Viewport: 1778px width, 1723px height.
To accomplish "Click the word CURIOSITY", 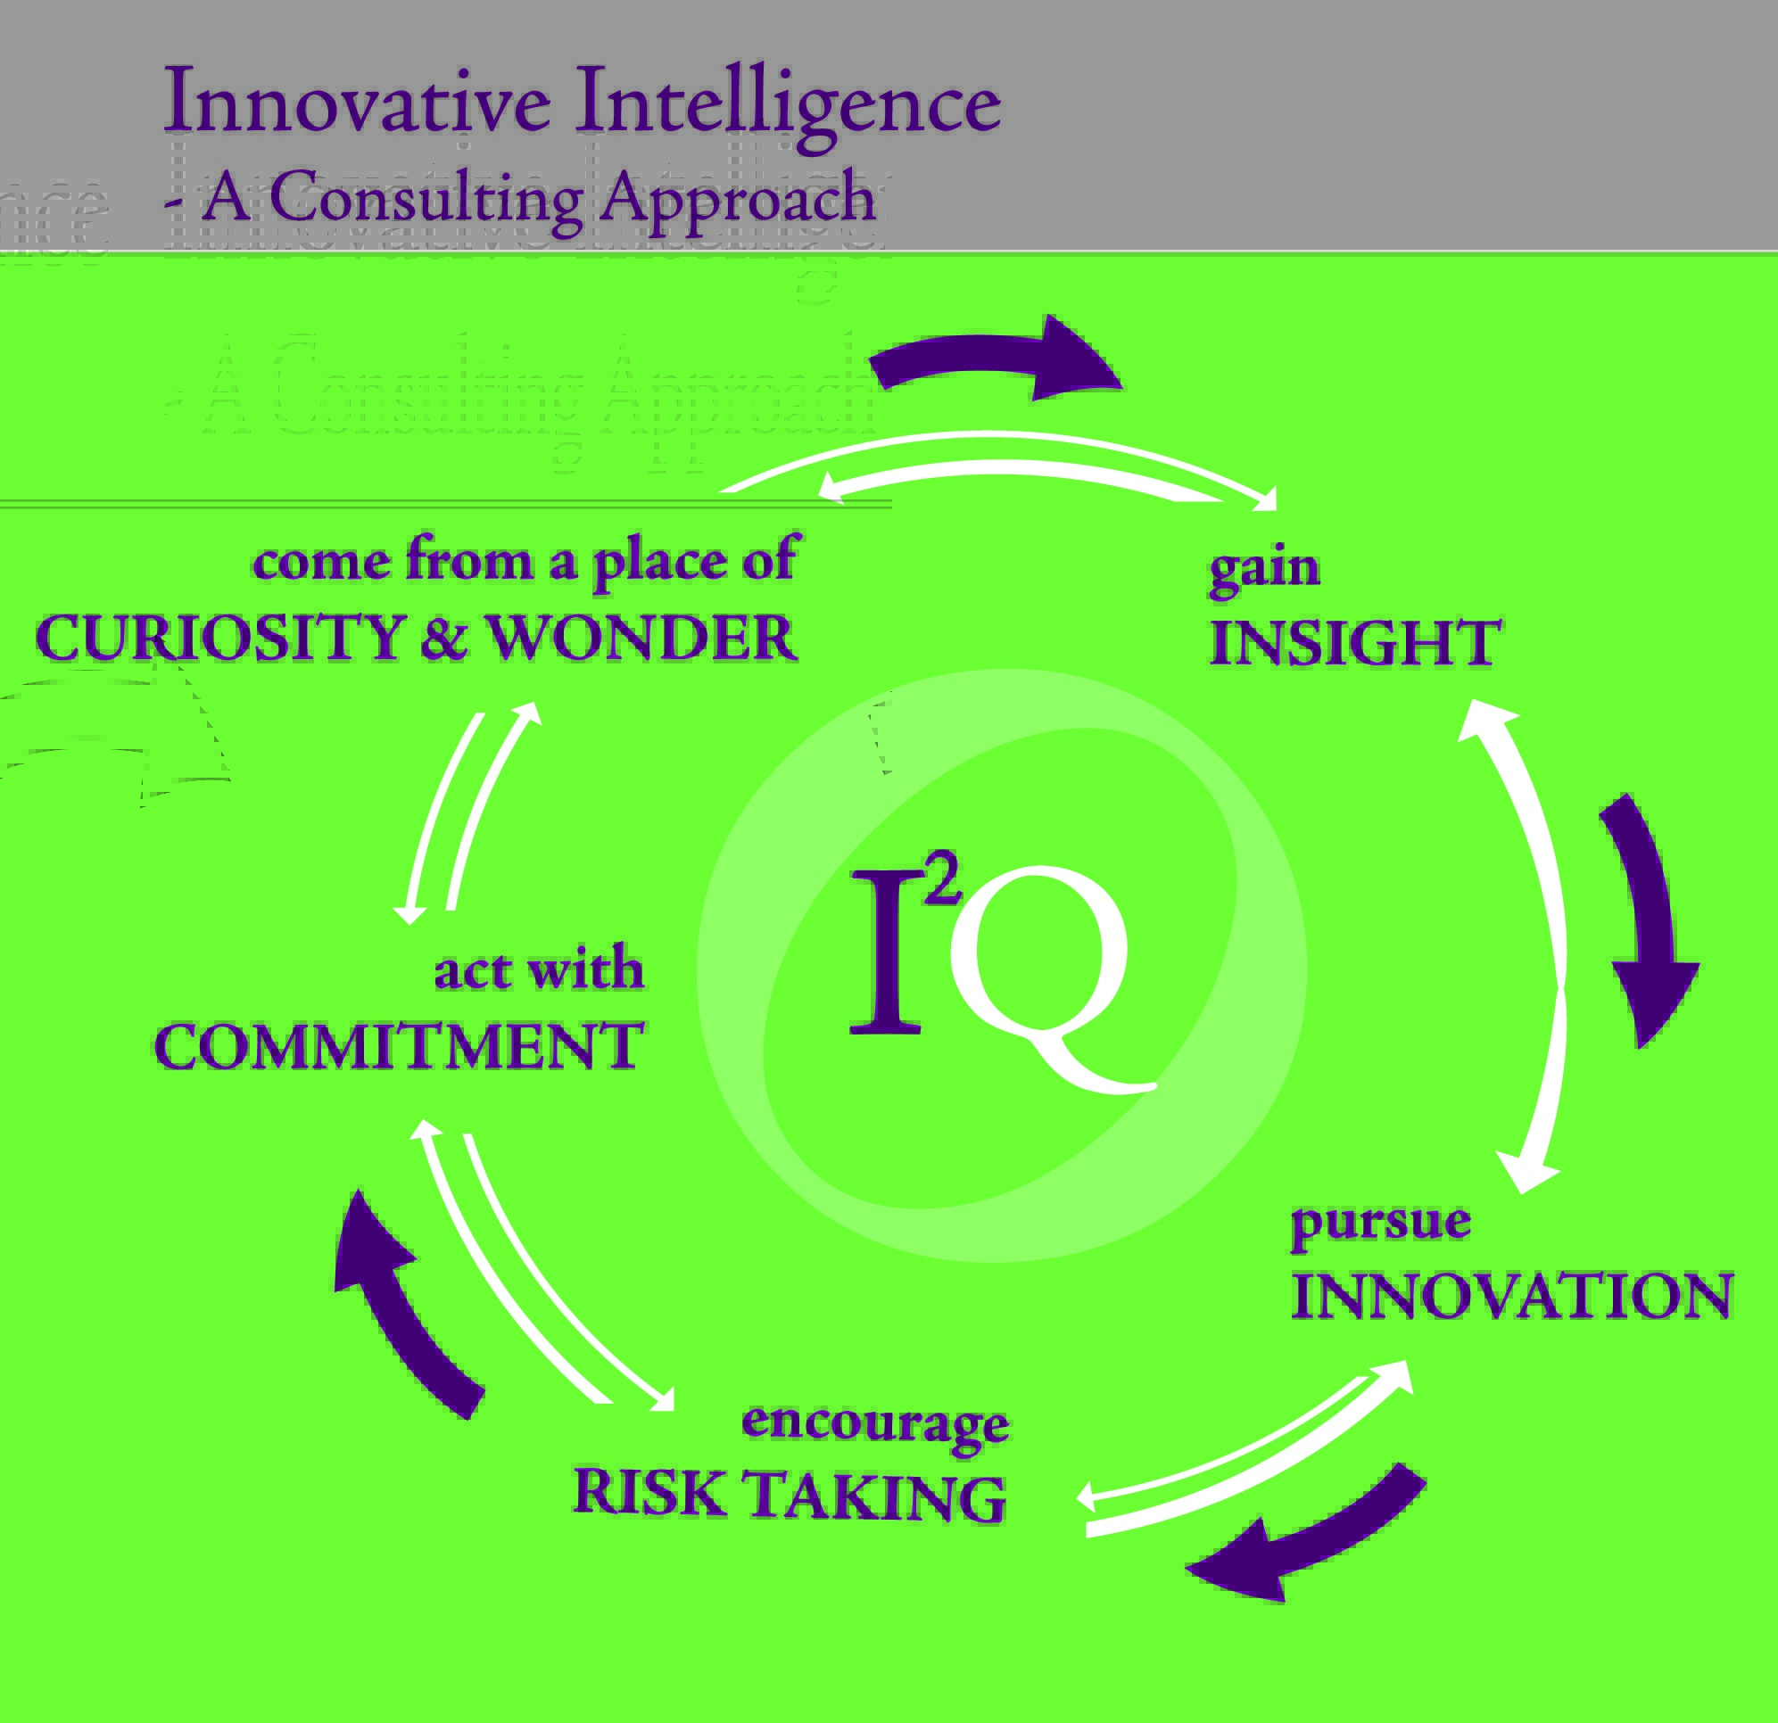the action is tap(219, 637).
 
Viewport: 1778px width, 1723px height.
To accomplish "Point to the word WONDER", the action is tap(643, 637).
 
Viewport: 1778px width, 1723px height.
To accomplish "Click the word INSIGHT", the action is tap(1355, 643).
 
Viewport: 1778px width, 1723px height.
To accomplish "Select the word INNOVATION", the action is tap(1512, 1296).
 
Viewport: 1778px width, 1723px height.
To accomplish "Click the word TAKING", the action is tap(878, 1496).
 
